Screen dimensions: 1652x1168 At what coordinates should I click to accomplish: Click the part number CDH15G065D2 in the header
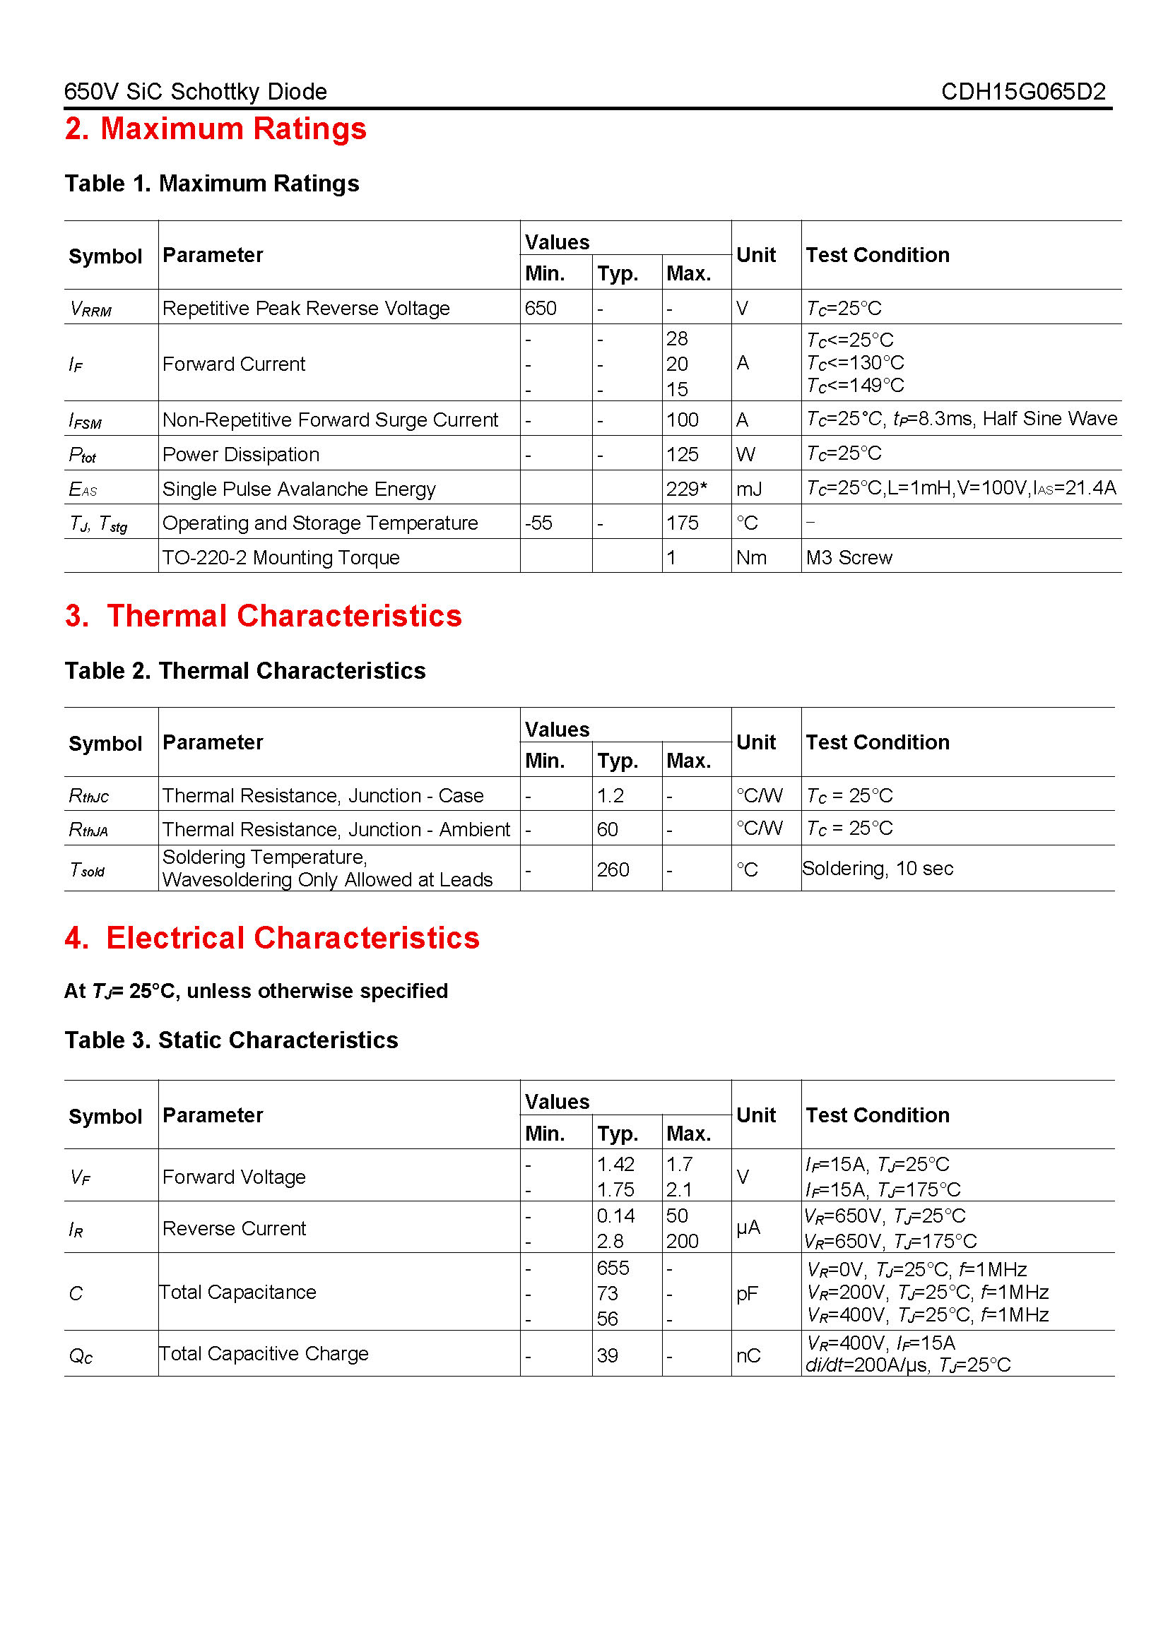[x=1022, y=92]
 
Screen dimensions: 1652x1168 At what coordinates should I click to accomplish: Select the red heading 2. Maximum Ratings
[x=216, y=129]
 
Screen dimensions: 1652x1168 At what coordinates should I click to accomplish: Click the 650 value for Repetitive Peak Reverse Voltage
[x=541, y=308]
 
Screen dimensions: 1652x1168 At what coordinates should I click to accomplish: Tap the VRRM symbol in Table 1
[x=90, y=309]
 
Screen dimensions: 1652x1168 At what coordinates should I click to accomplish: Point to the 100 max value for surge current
[x=683, y=420]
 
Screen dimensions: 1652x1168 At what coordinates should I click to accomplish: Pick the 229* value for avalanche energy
[x=687, y=489]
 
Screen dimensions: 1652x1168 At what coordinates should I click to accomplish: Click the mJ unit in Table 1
[x=749, y=489]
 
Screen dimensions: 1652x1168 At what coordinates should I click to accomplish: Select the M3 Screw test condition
[x=849, y=558]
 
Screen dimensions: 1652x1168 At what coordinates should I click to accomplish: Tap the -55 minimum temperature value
[x=538, y=523]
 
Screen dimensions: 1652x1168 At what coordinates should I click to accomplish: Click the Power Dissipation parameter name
[x=241, y=455]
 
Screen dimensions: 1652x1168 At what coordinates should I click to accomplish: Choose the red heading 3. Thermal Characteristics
[x=264, y=616]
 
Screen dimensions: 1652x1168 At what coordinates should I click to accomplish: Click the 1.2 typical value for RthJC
[x=610, y=796]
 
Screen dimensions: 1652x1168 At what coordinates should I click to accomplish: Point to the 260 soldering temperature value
[x=613, y=870]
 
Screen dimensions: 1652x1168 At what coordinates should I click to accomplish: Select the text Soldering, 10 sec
[x=878, y=869]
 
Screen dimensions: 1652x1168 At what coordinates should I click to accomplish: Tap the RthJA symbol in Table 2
[x=88, y=831]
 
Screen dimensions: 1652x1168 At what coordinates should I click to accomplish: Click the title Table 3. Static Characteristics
[x=231, y=1040]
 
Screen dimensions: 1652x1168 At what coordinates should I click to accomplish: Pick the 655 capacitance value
[x=613, y=1268]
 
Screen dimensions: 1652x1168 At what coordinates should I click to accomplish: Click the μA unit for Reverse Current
[x=748, y=1228]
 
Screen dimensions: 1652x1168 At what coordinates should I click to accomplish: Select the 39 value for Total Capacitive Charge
[x=608, y=1355]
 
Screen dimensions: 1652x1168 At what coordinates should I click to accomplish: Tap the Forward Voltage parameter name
[x=234, y=1177]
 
